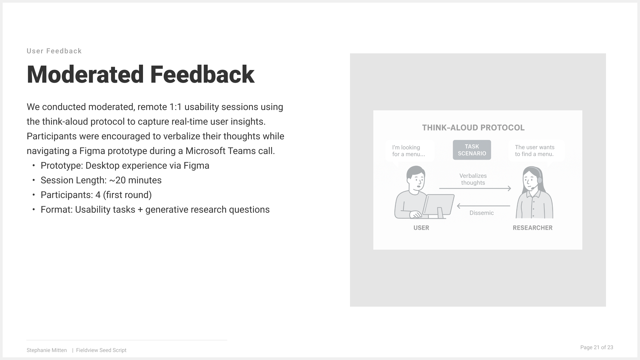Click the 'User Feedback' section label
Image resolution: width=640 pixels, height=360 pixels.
coord(54,51)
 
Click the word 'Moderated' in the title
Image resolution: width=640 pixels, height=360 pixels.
coord(85,74)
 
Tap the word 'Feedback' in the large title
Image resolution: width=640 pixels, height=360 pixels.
coord(202,74)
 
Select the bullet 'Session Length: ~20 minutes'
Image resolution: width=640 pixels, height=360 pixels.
coord(101,180)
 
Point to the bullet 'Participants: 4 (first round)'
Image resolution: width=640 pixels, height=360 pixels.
coord(96,195)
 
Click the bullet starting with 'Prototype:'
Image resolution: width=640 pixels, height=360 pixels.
coord(125,166)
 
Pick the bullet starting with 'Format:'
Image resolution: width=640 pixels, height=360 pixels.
coord(155,210)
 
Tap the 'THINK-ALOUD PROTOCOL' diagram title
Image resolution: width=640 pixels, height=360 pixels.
coord(473,128)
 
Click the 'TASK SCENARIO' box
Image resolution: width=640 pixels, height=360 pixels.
coord(472,150)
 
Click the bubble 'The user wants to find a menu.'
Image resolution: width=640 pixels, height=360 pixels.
coord(536,151)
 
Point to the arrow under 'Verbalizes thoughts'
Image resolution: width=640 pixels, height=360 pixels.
coord(475,189)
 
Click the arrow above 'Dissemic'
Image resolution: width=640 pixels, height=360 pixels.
coord(483,206)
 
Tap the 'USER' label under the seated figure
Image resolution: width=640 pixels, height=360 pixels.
coord(421,228)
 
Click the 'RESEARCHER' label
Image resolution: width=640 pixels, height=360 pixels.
coord(533,228)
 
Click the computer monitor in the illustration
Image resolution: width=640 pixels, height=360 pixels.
coord(438,205)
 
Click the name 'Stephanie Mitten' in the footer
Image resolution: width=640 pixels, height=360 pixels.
coord(47,350)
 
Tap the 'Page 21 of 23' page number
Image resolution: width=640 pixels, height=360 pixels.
coord(597,347)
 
